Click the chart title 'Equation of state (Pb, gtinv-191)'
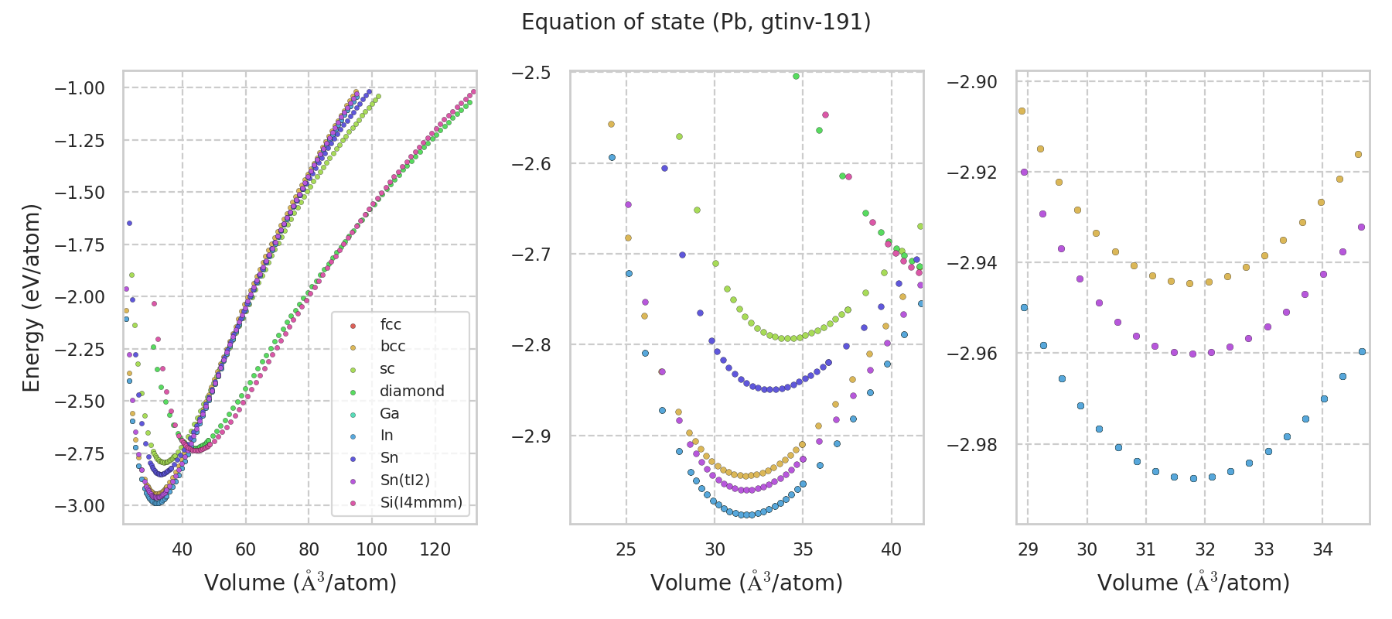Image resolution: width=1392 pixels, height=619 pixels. [696, 22]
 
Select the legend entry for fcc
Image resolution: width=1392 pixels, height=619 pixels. [391, 324]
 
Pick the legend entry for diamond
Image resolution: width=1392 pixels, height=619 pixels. [411, 391]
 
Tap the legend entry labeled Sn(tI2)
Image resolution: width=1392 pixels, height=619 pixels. [404, 480]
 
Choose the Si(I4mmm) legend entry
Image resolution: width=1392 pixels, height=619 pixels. [421, 502]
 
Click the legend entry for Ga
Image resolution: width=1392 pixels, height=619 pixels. [389, 413]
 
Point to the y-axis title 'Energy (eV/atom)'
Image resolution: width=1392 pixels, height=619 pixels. [31, 298]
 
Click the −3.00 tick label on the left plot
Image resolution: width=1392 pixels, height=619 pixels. [79, 506]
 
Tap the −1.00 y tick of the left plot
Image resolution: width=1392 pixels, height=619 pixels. [79, 88]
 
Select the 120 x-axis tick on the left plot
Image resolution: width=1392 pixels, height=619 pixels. [435, 549]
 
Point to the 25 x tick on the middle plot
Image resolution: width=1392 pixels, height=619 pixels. [626, 549]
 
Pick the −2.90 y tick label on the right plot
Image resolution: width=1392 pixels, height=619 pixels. [972, 82]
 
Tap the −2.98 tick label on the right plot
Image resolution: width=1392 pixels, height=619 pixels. [972, 445]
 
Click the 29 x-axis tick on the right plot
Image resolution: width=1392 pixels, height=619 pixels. [1028, 549]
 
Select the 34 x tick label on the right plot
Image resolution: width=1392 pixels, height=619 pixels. [1322, 549]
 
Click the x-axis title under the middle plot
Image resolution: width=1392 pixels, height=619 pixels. [746, 583]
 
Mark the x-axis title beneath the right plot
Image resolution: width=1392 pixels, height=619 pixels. [1193, 583]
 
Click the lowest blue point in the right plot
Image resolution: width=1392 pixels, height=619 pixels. [1193, 478]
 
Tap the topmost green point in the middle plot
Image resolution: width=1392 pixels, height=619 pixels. [796, 76]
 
